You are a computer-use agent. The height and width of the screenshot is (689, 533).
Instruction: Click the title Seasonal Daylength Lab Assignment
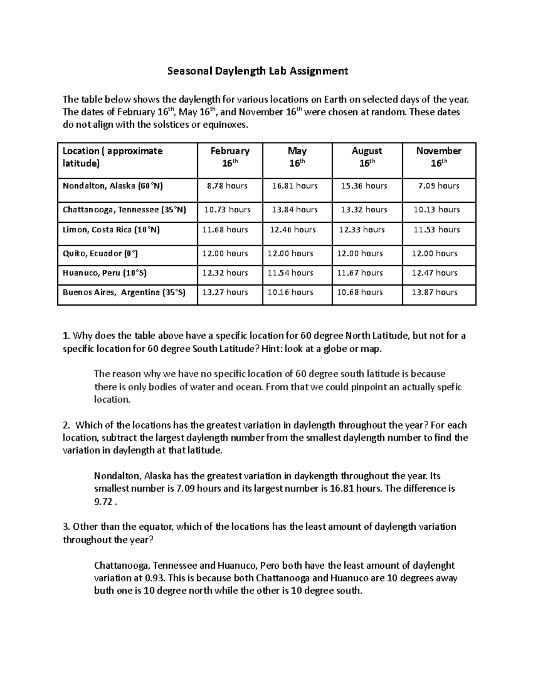pos(257,71)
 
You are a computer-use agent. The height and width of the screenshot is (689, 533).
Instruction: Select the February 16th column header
pos(230,157)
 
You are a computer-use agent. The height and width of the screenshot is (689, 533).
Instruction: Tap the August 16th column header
pos(367,157)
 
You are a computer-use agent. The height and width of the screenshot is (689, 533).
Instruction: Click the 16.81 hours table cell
pos(294,186)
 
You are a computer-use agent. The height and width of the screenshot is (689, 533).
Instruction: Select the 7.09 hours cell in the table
pos(438,186)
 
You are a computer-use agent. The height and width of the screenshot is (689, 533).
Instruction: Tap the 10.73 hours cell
pos(227,209)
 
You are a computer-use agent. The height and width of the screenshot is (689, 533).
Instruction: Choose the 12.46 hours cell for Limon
pos(293,229)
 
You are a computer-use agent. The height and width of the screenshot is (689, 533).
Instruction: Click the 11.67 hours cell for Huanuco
pos(360,273)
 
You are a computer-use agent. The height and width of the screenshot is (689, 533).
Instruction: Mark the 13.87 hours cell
pos(434,292)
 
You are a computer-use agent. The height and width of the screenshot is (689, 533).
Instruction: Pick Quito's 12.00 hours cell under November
pos(434,253)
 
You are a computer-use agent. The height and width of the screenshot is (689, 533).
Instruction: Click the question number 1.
pos(66,335)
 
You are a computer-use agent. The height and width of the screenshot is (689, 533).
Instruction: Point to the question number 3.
pos(66,527)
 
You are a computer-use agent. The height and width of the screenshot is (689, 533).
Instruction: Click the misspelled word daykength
pos(315,476)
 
